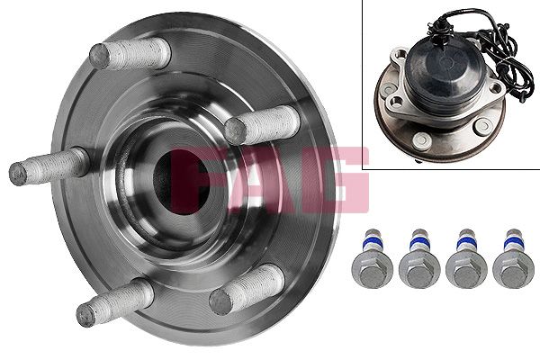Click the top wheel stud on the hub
click(130, 54)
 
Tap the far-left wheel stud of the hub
click(49, 166)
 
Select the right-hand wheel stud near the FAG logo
click(263, 125)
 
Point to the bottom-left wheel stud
click(115, 302)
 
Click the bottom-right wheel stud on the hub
click(247, 290)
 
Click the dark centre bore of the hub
click(182, 182)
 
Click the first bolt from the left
click(373, 258)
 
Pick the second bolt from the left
click(419, 258)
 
